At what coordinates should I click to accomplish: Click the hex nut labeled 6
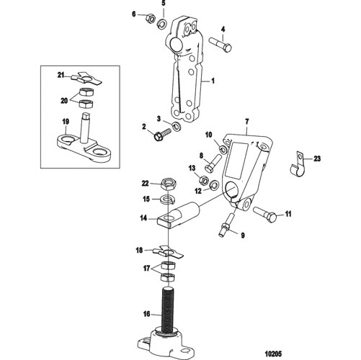click(x=150, y=18)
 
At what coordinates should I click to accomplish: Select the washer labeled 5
click(x=163, y=24)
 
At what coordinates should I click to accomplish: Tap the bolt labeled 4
click(x=220, y=45)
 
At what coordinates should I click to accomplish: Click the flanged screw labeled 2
click(x=162, y=134)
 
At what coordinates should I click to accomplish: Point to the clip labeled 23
click(x=296, y=166)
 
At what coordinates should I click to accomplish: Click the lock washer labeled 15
click(x=168, y=199)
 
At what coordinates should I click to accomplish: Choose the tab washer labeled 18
click(x=169, y=252)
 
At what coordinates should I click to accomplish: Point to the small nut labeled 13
click(x=204, y=180)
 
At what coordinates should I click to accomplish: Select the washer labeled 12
click(x=214, y=185)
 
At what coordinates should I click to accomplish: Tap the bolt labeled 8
click(x=213, y=163)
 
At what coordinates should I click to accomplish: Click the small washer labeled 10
click(x=223, y=150)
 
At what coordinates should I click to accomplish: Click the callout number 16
click(x=147, y=314)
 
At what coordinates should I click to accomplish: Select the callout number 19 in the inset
click(x=66, y=122)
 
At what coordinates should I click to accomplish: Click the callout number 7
click(x=247, y=122)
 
